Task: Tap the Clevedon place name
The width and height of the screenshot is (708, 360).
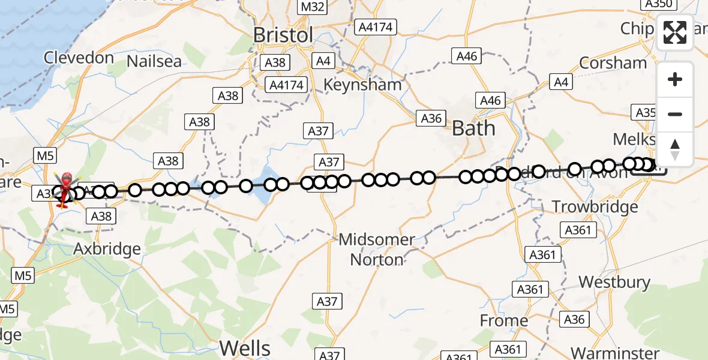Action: point(79,58)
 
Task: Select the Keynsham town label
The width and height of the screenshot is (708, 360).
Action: point(362,85)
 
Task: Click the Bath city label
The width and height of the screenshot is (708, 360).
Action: point(473,128)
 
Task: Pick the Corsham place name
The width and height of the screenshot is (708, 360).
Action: point(613,63)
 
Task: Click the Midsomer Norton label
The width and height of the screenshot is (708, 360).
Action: point(377,250)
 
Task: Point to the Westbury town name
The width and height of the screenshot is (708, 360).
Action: point(614,282)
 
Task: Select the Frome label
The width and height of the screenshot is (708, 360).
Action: point(504,321)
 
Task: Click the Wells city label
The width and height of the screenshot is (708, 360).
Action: point(245,347)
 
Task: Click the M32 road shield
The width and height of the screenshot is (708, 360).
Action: point(313,7)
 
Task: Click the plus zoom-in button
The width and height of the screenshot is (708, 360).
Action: point(675,79)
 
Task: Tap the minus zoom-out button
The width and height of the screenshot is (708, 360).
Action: point(675,114)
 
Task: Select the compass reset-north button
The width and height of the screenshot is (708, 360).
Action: point(675,149)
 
